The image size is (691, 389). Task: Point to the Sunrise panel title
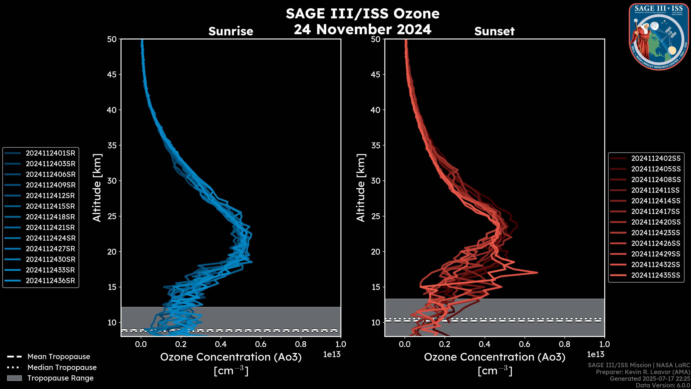(x=231, y=31)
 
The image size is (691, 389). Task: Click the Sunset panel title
(x=494, y=31)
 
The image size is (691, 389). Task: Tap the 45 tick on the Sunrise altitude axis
(x=112, y=75)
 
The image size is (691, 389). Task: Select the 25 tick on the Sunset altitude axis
(x=376, y=216)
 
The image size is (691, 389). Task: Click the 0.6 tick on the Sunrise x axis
(x=261, y=344)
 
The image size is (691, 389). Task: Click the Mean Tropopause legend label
(x=59, y=357)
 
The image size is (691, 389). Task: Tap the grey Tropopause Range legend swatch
(x=14, y=378)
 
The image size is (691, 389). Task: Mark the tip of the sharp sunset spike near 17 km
(x=537, y=273)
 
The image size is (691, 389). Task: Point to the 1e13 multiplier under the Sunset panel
(x=595, y=355)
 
